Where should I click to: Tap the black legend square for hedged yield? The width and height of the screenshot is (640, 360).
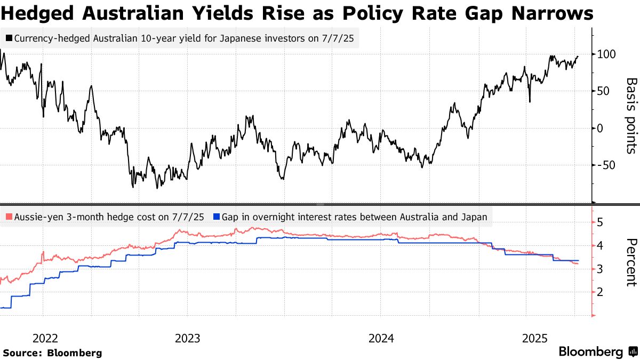[x=9, y=38]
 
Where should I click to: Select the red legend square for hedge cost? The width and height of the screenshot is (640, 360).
[x=9, y=217]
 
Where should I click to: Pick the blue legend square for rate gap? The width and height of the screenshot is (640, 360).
[x=216, y=217]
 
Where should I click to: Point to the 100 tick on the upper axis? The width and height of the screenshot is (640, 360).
[x=607, y=54]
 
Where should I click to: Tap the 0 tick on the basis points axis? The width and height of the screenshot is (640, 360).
[x=601, y=128]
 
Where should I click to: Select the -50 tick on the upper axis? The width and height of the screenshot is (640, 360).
[x=606, y=165]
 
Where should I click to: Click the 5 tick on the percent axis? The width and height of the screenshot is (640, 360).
[x=600, y=222]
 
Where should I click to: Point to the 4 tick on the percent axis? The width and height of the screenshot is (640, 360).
[x=600, y=246]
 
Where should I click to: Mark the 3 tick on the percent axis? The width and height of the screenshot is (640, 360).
[x=600, y=269]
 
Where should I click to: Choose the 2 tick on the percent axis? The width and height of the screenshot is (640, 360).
[x=600, y=292]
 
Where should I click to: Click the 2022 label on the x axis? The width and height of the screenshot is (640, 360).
[x=45, y=338]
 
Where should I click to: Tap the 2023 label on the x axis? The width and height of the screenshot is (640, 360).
[x=187, y=338]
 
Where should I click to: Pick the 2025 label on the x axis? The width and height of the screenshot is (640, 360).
[x=535, y=338]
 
